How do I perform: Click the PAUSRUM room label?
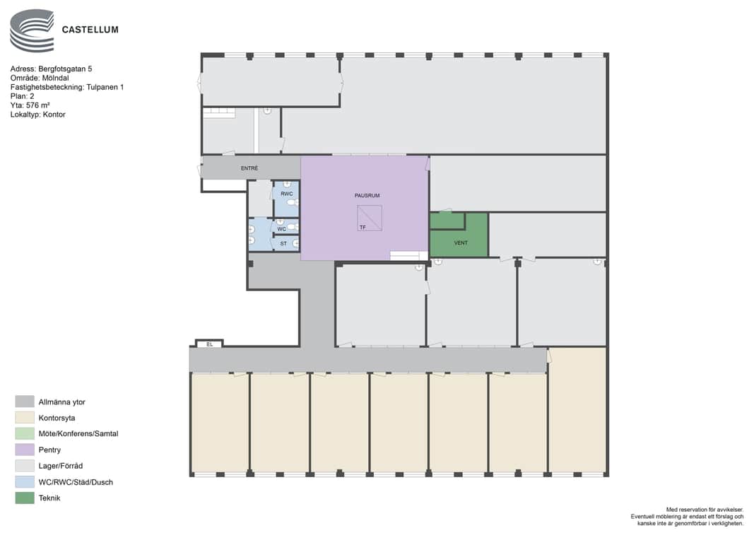(367, 195)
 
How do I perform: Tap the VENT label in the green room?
(461, 243)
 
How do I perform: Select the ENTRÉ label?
(249, 168)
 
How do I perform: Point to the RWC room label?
(287, 194)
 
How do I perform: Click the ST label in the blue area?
(283, 243)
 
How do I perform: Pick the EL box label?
(209, 344)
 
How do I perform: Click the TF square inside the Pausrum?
(370, 218)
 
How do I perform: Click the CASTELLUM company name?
(90, 30)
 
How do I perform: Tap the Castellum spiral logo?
(33, 30)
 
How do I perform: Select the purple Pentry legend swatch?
(25, 450)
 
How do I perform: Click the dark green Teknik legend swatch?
(25, 498)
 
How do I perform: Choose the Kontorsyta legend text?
(57, 418)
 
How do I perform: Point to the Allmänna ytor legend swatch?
(25, 402)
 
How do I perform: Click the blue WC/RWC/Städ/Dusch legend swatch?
(25, 482)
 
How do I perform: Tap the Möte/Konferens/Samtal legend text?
(78, 433)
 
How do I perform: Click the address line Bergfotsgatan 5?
(51, 69)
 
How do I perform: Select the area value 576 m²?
(38, 105)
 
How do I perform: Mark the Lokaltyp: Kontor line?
(37, 115)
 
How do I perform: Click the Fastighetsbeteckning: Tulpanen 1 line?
(67, 87)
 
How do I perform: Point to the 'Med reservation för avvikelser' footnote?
(705, 510)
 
